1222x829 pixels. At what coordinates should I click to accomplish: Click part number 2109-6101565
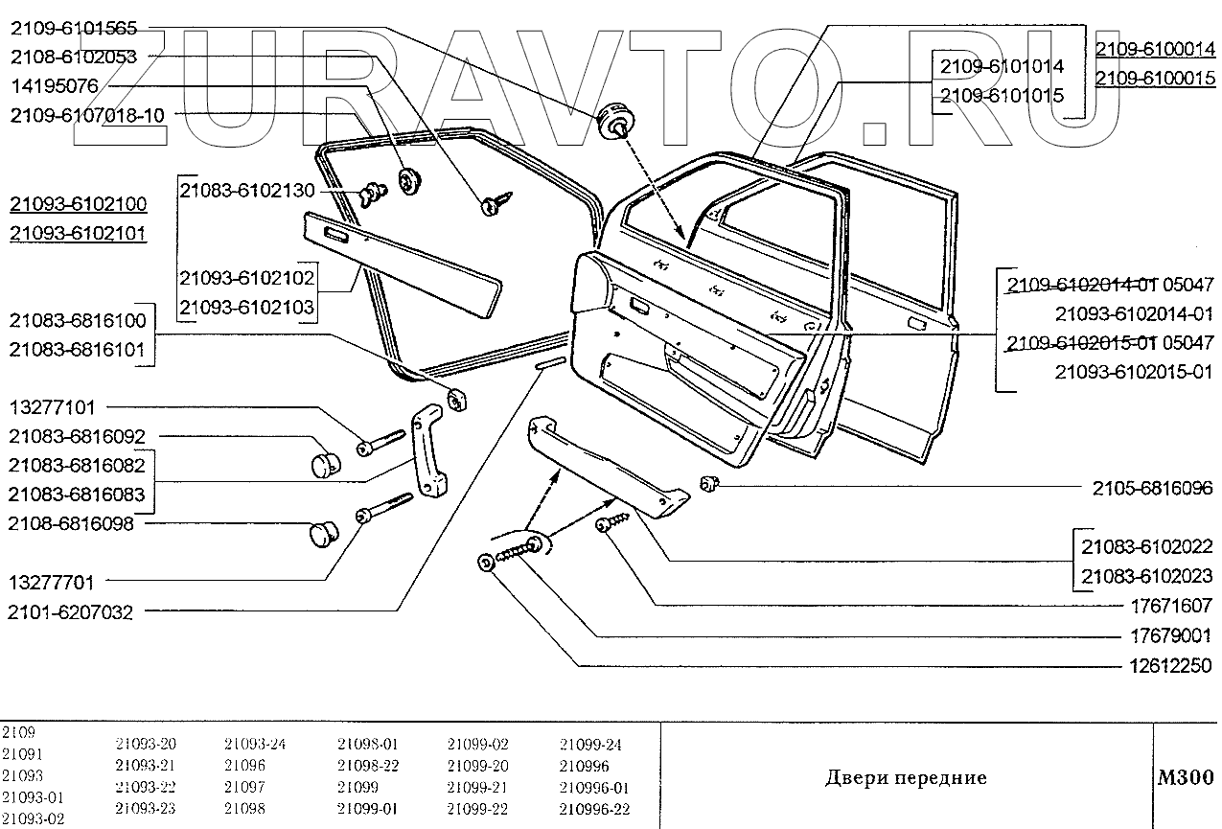click(x=74, y=28)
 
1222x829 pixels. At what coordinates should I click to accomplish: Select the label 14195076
click(x=55, y=86)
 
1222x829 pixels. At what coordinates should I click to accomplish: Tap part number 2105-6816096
click(x=1153, y=487)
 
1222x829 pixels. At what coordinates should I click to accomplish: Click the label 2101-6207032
click(x=71, y=611)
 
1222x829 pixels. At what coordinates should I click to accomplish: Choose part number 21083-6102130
click(x=247, y=191)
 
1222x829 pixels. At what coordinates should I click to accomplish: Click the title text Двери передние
click(x=905, y=777)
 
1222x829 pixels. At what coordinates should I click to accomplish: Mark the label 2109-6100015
click(x=1155, y=79)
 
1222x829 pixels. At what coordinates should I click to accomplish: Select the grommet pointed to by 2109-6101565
click(x=612, y=121)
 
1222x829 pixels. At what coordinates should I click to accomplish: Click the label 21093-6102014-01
click(x=1134, y=313)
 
